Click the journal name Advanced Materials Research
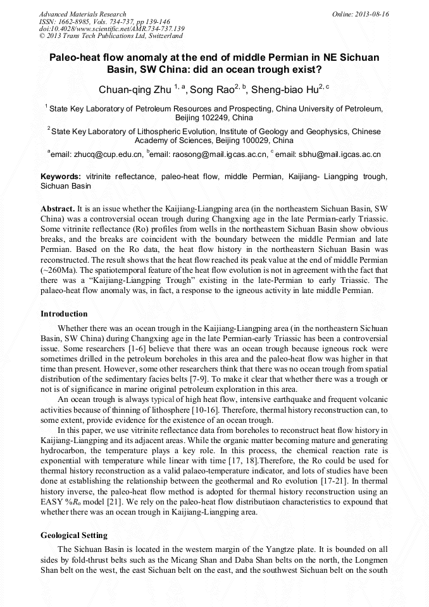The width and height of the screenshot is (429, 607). pyautogui.click(x=82, y=14)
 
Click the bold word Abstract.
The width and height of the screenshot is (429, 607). pyautogui.click(x=57, y=208)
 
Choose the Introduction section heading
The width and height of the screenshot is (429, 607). pyautogui.click(x=64, y=313)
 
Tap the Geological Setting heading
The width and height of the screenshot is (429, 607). pyautogui.click(x=74, y=535)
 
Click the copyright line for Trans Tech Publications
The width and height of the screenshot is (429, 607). pyautogui.click(x=111, y=37)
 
